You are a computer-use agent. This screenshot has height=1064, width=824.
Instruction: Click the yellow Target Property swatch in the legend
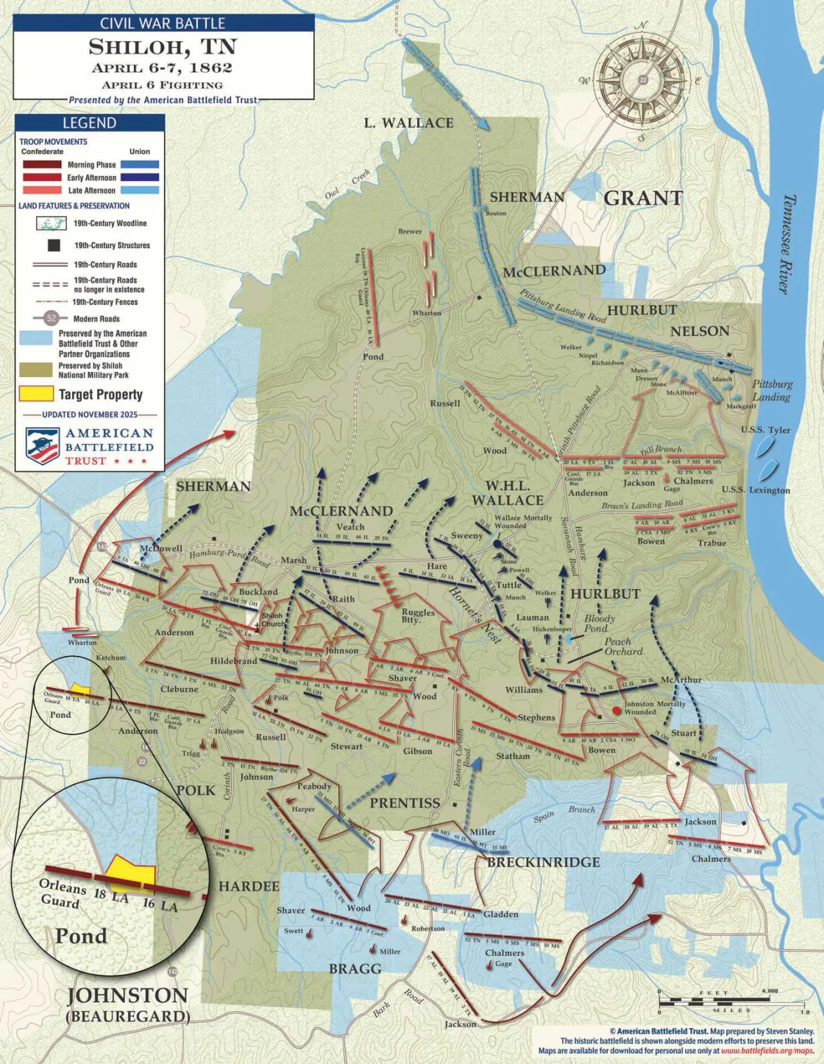point(36,394)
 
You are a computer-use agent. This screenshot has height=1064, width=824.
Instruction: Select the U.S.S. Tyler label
point(765,430)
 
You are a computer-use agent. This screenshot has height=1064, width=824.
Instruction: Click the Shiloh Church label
point(271,620)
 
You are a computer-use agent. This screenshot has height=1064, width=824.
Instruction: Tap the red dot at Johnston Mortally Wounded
point(617,711)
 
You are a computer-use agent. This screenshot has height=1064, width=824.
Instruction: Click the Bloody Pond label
point(600,623)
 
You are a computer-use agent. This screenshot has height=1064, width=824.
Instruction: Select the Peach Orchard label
point(623,646)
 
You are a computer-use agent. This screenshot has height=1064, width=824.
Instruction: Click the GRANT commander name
point(643,199)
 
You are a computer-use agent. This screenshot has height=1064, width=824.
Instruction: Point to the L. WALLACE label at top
point(408,123)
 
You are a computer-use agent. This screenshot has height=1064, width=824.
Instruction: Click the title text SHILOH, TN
point(163,47)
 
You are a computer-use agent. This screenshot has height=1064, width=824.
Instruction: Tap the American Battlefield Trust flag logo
point(43,446)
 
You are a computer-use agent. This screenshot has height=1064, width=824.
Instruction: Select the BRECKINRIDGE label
point(543,862)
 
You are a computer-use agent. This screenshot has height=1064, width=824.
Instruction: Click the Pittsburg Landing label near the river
point(772,390)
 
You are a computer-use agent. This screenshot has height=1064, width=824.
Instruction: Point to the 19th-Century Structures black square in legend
point(54,245)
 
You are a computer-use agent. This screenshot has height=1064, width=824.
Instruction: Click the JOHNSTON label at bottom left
point(127,996)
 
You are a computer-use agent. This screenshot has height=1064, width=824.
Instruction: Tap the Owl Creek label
point(348,186)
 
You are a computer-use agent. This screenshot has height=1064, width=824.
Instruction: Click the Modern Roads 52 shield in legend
point(51,318)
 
